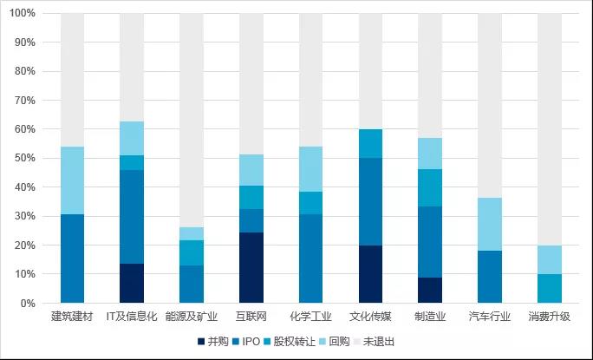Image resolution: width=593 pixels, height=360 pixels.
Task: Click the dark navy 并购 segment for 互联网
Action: pos(251,268)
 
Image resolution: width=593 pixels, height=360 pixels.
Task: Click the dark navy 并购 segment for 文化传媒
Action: pos(370,274)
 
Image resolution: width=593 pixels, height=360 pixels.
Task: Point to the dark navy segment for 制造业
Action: pos(430,290)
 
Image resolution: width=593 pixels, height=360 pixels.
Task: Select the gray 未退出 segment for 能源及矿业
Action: pos(192,121)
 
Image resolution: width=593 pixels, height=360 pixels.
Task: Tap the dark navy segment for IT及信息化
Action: pos(132,284)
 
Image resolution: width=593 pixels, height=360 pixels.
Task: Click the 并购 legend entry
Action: pos(213,342)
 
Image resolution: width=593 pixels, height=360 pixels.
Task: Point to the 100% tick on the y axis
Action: pos(23,14)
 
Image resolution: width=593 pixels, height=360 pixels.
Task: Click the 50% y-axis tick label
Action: pos(25,159)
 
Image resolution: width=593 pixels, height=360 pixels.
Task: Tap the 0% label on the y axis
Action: pos(28,304)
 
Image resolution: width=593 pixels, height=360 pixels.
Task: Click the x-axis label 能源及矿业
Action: pos(192,317)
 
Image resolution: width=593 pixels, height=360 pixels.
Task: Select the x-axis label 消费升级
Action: pos(549,317)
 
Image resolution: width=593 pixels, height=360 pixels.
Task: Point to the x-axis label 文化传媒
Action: pos(370,317)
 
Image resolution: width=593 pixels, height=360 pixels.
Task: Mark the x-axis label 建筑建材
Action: pos(72,317)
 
